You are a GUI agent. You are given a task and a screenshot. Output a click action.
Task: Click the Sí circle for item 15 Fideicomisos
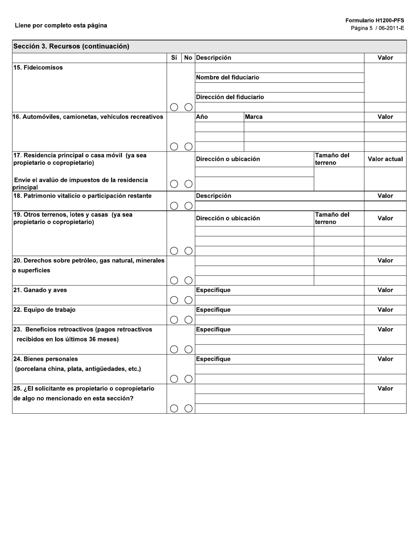tap(174, 107)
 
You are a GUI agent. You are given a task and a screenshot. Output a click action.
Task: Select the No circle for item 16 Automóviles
tap(188, 146)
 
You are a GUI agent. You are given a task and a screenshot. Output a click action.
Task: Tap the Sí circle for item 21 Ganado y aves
tap(174, 300)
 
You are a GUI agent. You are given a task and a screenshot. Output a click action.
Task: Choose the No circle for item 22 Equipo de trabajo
tap(188, 320)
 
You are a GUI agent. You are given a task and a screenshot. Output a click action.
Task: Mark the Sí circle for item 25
tap(174, 408)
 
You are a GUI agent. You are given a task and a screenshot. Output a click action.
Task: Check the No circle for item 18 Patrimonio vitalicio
tap(188, 206)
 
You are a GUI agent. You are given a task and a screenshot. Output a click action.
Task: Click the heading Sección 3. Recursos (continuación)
tap(71, 46)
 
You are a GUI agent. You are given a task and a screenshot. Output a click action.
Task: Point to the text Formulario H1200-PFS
tap(374, 21)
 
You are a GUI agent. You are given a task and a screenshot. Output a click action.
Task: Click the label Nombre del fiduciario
tap(228, 78)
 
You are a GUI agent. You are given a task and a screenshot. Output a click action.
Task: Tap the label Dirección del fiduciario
tap(230, 97)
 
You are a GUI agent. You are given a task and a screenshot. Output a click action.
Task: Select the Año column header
tap(202, 117)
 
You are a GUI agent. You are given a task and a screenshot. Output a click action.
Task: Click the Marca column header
tap(254, 117)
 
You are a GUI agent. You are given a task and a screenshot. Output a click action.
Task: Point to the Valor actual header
tap(385, 159)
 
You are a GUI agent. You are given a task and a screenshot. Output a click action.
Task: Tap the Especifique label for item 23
tap(213, 330)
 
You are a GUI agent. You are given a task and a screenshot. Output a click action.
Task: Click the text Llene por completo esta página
tap(61, 26)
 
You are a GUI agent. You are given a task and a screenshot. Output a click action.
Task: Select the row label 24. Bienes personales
tap(46, 359)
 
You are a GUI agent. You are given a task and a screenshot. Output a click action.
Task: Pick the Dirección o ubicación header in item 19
tap(228, 218)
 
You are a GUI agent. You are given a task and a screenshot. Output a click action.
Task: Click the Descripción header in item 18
tap(213, 196)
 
